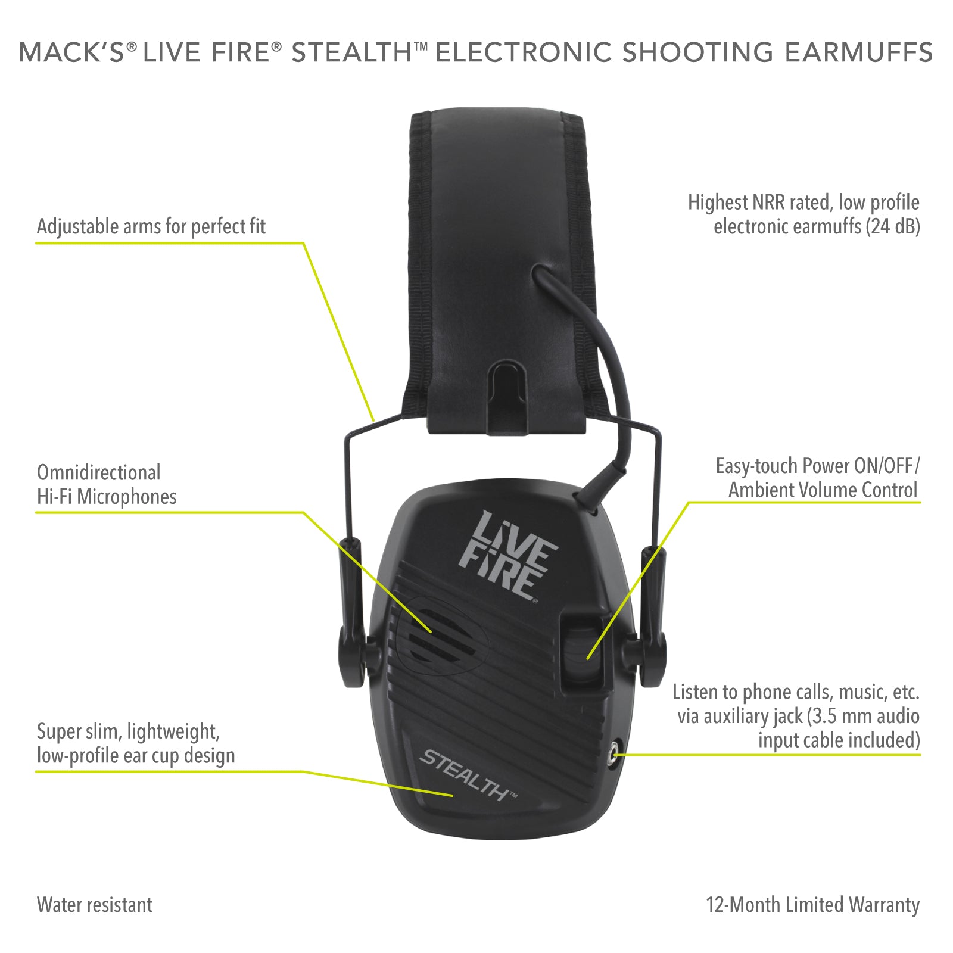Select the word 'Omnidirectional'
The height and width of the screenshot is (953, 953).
pyautogui.click(x=99, y=472)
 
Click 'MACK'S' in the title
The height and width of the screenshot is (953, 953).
pyautogui.click(x=71, y=52)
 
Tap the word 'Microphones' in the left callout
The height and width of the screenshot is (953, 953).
pyautogui.click(x=127, y=497)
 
